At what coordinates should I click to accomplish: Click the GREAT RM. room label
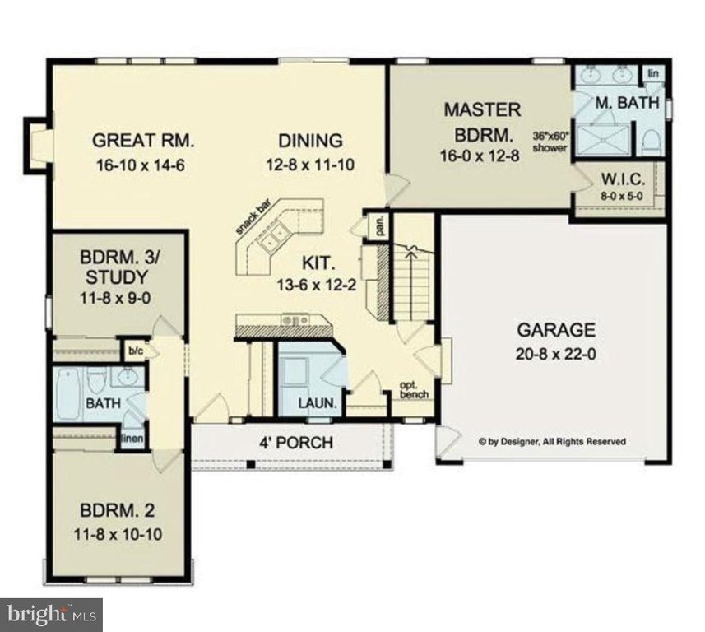[x=143, y=141]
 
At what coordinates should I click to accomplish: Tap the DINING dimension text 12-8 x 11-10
[x=310, y=165]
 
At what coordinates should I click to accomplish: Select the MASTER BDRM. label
[x=483, y=123]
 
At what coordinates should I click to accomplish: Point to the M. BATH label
[x=627, y=103]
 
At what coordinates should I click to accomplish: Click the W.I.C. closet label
[x=623, y=180]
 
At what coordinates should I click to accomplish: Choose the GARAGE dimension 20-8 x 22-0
[x=556, y=355]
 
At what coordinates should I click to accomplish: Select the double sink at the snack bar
[x=272, y=235]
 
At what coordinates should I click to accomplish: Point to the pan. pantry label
[x=381, y=226]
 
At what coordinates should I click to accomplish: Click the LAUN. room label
[x=318, y=403]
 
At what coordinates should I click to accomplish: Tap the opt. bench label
[x=414, y=390]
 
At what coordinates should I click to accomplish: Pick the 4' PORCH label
[x=296, y=443]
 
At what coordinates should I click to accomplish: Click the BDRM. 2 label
[x=118, y=511]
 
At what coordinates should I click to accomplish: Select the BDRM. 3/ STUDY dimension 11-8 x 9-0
[x=115, y=298]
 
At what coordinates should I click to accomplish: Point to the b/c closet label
[x=136, y=351]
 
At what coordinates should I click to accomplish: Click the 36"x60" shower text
[x=550, y=142]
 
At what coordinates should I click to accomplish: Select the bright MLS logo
[x=51, y=615]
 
